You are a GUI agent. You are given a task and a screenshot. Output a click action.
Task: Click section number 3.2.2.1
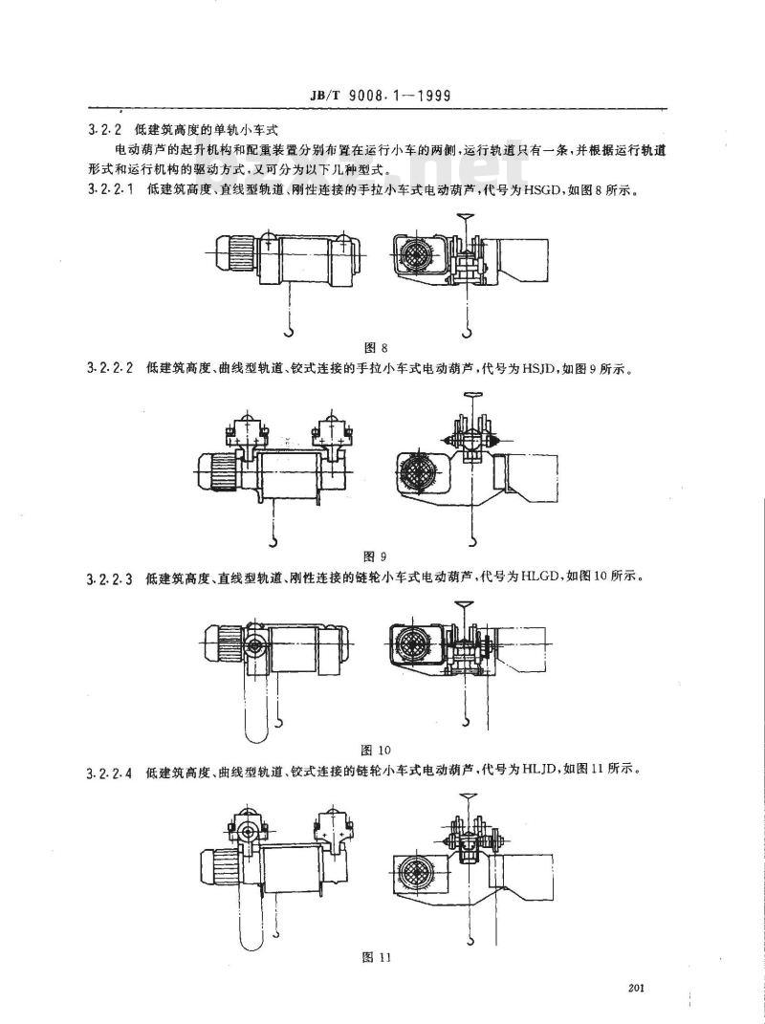coord(112,189)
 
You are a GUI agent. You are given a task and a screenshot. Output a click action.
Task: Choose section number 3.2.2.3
coord(112,577)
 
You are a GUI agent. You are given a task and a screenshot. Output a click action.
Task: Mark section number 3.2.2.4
coord(112,769)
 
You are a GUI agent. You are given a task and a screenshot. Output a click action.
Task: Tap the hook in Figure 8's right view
coord(466,331)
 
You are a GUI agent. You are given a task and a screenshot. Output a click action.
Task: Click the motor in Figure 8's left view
coord(237,254)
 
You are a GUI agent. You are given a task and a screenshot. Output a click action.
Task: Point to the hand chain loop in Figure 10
coord(252,703)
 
